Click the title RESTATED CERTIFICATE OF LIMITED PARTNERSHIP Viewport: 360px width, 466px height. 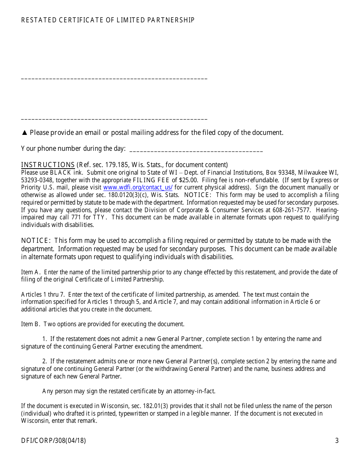tap(108, 20)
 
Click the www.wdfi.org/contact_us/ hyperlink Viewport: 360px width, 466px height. tap(138, 188)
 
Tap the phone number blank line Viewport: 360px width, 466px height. tap(196, 151)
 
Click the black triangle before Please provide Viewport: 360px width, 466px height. tap(25, 133)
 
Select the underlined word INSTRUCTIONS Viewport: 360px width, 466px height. tap(48, 165)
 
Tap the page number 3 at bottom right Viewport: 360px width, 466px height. tap(337, 441)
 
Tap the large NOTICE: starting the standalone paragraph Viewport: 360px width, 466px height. tap(36, 241)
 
